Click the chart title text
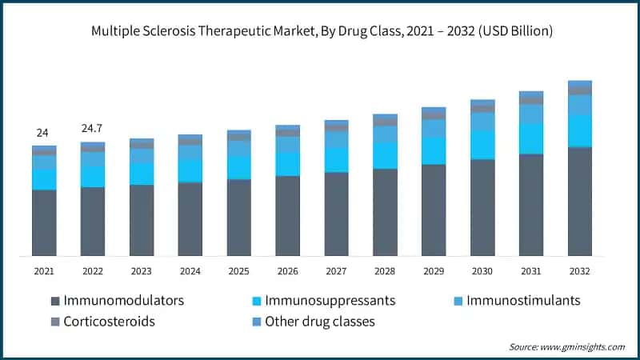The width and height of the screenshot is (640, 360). tap(320, 30)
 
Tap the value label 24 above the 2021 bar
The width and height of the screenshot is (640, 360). tap(44, 133)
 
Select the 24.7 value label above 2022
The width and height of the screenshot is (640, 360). tap(93, 129)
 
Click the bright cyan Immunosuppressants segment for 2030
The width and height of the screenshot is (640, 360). tap(482, 145)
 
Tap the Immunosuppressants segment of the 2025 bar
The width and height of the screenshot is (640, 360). tap(238, 167)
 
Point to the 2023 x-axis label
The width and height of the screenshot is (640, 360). tap(142, 271)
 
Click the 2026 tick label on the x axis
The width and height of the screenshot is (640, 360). tap(287, 271)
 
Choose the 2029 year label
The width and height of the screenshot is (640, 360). tap(434, 271)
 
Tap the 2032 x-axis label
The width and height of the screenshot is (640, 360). tap(579, 271)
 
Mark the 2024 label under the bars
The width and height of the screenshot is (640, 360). tap(190, 271)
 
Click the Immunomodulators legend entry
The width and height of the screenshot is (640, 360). tap(124, 301)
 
